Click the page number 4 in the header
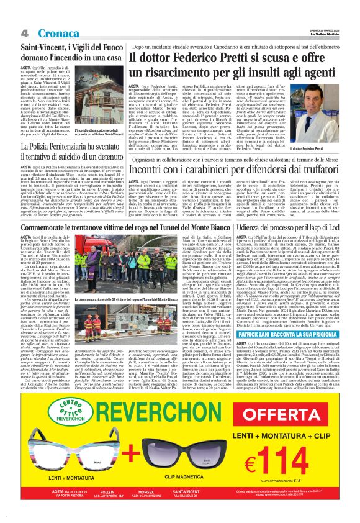point(24,32)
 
